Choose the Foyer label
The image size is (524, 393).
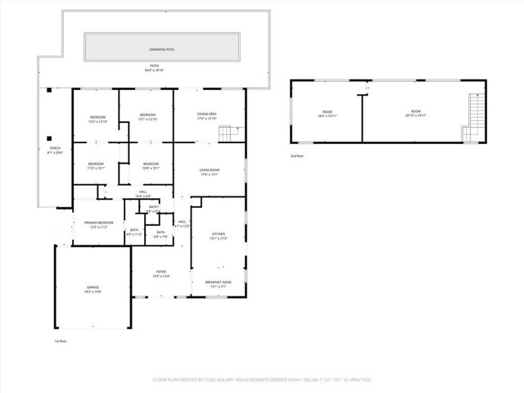161,274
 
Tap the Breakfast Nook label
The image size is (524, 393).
217,284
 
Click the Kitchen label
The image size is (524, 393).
217,237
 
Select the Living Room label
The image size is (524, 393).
210,172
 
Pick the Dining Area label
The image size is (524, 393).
207,116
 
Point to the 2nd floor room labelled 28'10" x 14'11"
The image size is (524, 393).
415,113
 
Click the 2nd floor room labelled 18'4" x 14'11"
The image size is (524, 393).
327,113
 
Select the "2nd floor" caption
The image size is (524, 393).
296,155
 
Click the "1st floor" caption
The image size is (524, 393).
61,340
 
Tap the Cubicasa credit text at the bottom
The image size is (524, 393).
262,380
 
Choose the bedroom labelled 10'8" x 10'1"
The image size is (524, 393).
151,166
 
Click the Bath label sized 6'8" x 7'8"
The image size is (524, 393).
161,234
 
